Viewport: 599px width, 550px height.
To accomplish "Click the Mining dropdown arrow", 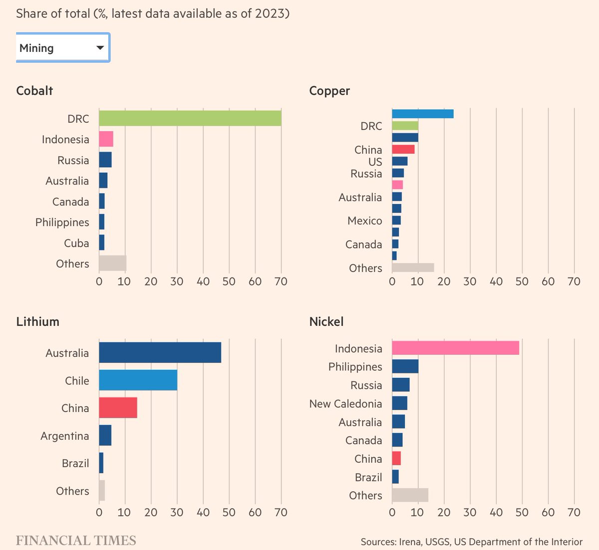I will coord(100,48).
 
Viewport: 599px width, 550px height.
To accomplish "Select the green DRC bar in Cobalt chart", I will coord(190,118).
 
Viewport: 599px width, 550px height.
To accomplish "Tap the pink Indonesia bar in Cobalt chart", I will coord(106,139).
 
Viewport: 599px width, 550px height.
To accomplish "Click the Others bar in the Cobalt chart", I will coord(112,263).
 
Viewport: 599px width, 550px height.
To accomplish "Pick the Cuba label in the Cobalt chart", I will coord(76,243).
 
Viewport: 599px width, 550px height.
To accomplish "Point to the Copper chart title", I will coord(329,91).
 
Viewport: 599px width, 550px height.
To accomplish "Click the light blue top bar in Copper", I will coord(422,114).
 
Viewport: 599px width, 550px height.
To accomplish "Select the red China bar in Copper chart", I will coord(403,149).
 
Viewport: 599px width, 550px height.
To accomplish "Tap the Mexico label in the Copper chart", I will coord(364,221).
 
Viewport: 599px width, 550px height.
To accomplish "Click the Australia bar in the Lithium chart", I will coord(160,353).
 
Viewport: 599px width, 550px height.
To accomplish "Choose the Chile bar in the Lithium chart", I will coord(138,380).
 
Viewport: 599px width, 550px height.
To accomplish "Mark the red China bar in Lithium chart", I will coord(118,408).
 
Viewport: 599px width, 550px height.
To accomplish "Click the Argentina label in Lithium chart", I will coord(64,436).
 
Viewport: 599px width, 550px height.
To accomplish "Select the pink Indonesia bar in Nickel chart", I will coord(455,348).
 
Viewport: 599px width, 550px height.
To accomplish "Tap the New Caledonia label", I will coord(345,404).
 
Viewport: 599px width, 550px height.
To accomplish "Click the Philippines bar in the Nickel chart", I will coord(405,366).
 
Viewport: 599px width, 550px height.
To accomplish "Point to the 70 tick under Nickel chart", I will coord(574,512).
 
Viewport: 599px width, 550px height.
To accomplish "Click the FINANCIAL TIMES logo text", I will coord(76,541).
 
